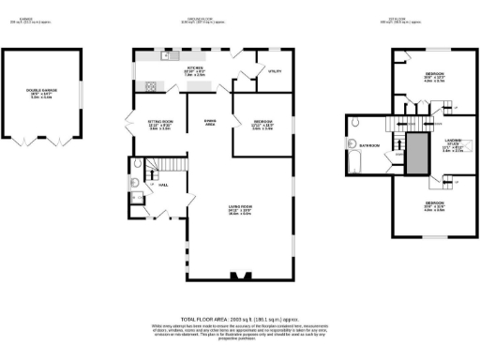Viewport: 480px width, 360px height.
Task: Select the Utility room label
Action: coord(275,70)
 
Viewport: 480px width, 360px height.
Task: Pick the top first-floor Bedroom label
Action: coord(434,76)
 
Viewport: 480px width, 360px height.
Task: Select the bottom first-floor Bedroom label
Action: coord(433,205)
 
